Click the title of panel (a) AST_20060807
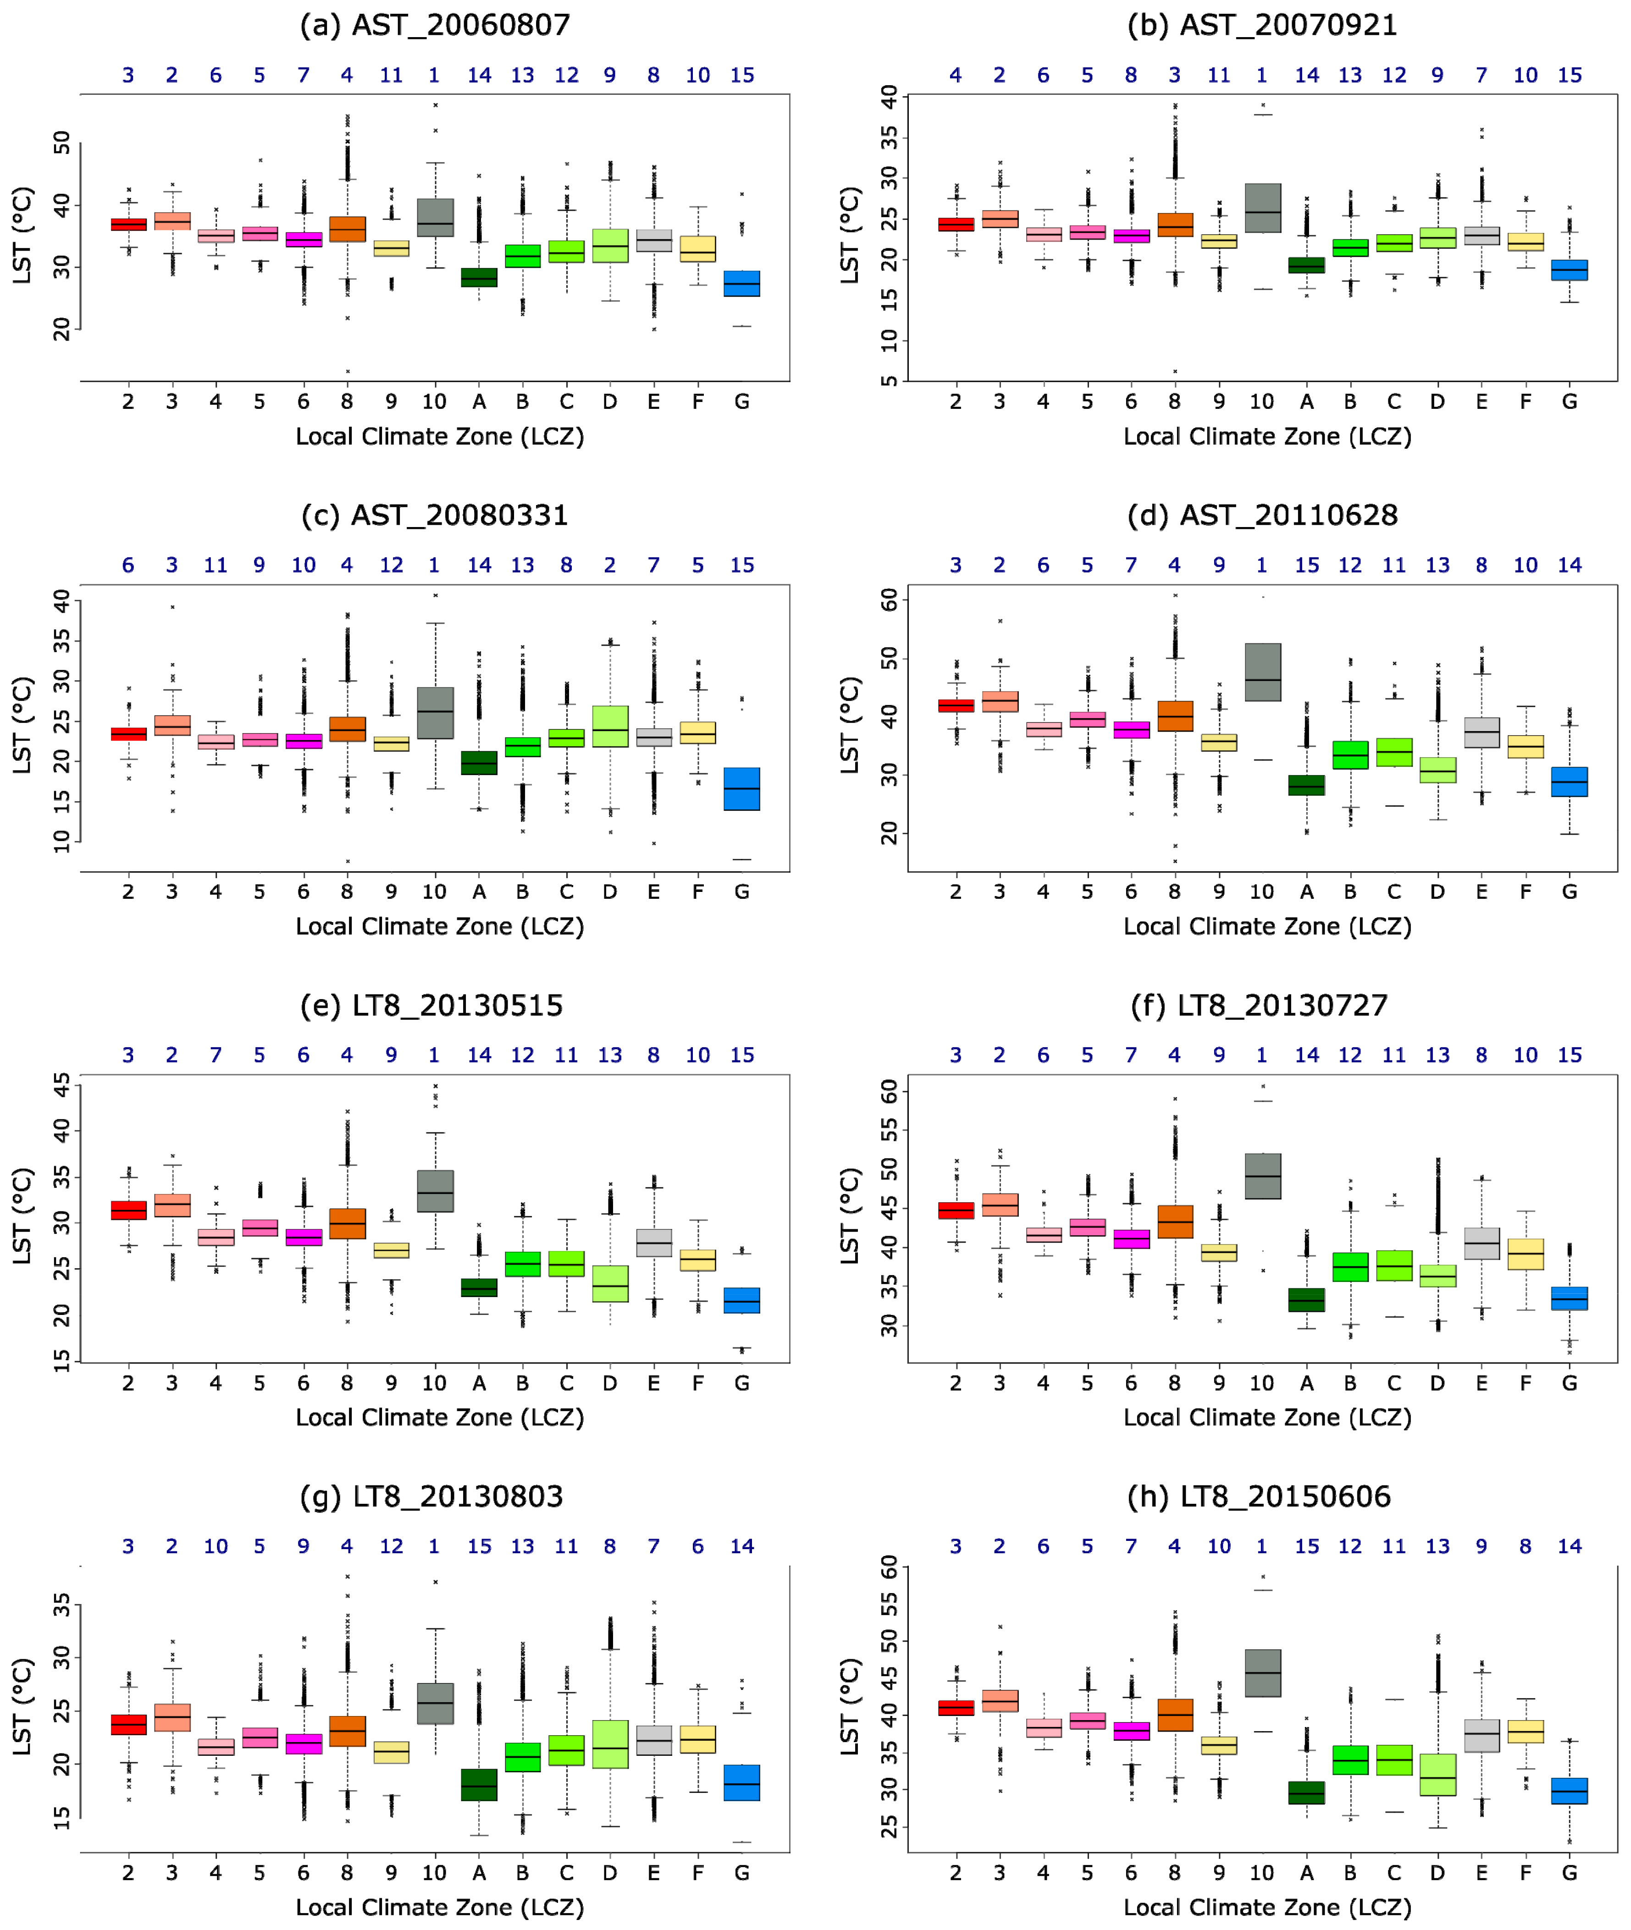click(x=435, y=25)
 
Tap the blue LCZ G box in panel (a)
click(x=741, y=284)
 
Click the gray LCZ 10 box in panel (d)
click(x=1262, y=672)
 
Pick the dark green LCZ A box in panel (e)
click(x=479, y=1287)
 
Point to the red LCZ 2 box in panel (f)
click(x=955, y=1211)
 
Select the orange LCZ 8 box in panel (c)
click(x=347, y=729)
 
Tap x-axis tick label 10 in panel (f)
click(x=1262, y=1384)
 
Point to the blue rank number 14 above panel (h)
click(x=1569, y=1546)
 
